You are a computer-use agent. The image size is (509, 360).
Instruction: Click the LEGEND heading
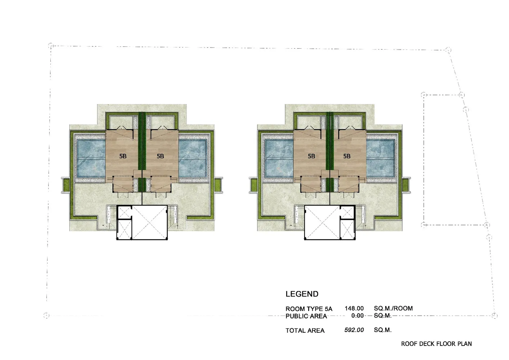coord(302,294)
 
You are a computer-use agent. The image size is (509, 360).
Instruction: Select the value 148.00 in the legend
coord(354,309)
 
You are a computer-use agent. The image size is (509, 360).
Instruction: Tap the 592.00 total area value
coord(354,330)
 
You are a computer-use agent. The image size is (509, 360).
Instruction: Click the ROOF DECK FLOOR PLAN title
coord(436,344)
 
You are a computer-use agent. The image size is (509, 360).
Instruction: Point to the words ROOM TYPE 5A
coord(309,309)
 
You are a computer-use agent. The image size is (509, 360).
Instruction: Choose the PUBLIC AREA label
coord(306,316)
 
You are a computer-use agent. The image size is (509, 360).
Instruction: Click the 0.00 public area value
coord(357,316)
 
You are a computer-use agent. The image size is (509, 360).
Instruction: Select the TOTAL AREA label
coord(305,330)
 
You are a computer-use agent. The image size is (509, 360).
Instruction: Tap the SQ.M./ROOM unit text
coord(393,309)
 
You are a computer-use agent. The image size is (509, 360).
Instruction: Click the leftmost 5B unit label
coord(123,156)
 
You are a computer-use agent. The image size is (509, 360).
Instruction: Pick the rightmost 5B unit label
coord(347,156)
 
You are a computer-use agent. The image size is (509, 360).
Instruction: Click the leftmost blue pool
coord(91,158)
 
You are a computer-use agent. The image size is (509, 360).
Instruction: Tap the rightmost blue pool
coord(380,158)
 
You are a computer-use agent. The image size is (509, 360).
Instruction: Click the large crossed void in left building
coord(149,222)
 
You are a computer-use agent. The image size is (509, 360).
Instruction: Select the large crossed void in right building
coord(322,222)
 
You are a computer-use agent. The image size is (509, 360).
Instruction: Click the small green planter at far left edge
coord(66,185)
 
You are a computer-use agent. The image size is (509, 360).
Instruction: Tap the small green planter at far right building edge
coord(405,185)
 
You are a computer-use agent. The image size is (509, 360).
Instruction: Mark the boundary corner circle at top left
coord(51,45)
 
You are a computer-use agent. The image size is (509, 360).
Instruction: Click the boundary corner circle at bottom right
coord(495,315)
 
